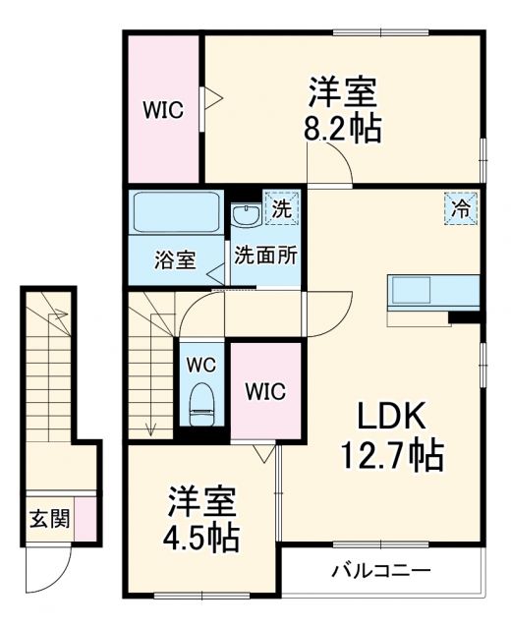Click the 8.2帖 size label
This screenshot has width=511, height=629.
(x=343, y=129)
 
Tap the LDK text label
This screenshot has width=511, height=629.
(x=391, y=418)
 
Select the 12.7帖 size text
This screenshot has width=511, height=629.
(x=391, y=455)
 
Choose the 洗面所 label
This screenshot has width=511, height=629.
(x=265, y=253)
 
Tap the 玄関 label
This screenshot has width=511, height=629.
(x=49, y=519)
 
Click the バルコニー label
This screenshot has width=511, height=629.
(x=380, y=570)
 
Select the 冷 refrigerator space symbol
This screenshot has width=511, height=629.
(x=461, y=208)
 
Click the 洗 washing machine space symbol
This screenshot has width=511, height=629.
(x=282, y=208)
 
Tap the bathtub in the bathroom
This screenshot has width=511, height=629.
(x=177, y=211)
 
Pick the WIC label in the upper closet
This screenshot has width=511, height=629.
(x=162, y=110)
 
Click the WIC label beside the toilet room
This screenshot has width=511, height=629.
(x=264, y=391)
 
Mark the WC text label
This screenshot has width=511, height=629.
(x=202, y=364)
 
